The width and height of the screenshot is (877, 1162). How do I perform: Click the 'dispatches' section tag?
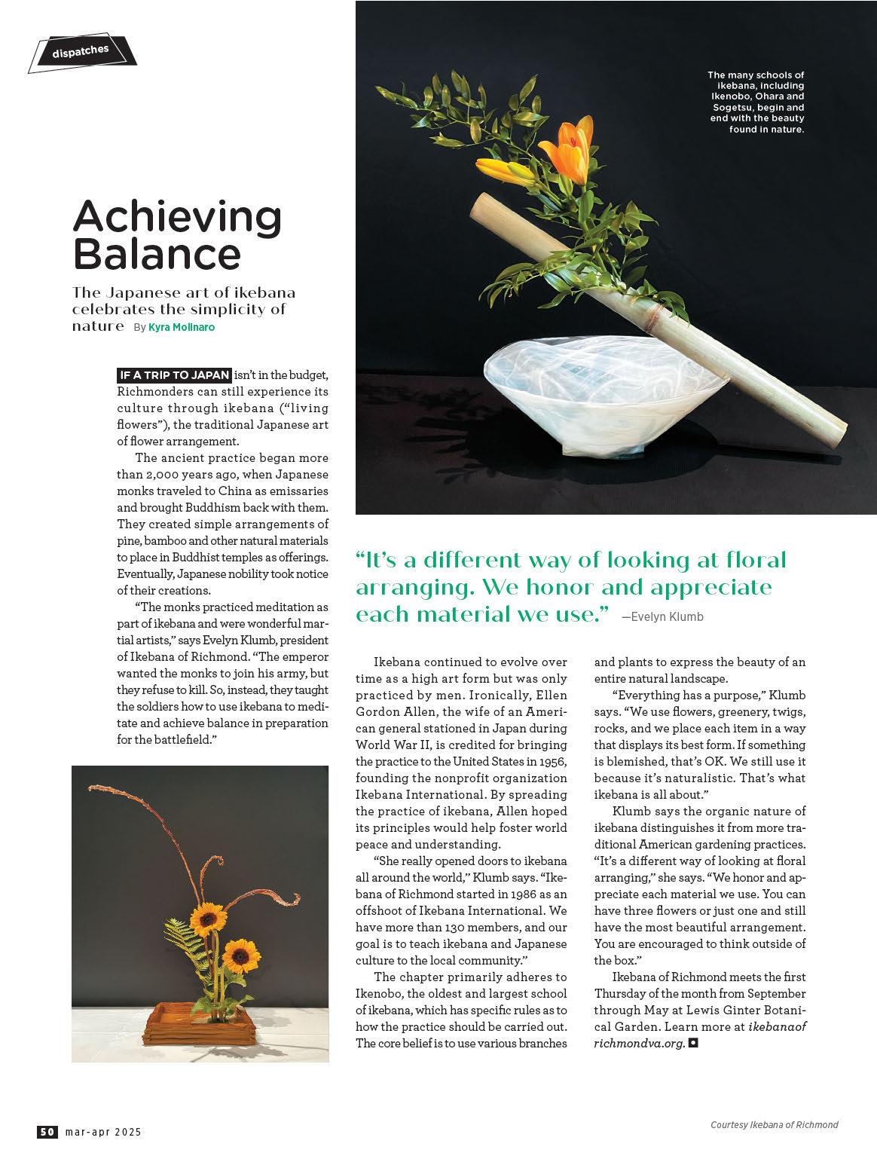click(x=81, y=52)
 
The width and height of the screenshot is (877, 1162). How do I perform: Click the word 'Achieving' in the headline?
click(x=177, y=217)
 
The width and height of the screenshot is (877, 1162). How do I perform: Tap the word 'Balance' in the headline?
click(x=157, y=254)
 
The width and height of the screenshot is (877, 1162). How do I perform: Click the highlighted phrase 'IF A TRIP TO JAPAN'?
click(x=174, y=375)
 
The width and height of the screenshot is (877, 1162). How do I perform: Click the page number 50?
click(x=47, y=1131)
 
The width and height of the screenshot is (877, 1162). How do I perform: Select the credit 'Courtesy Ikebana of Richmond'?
click(x=774, y=1125)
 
